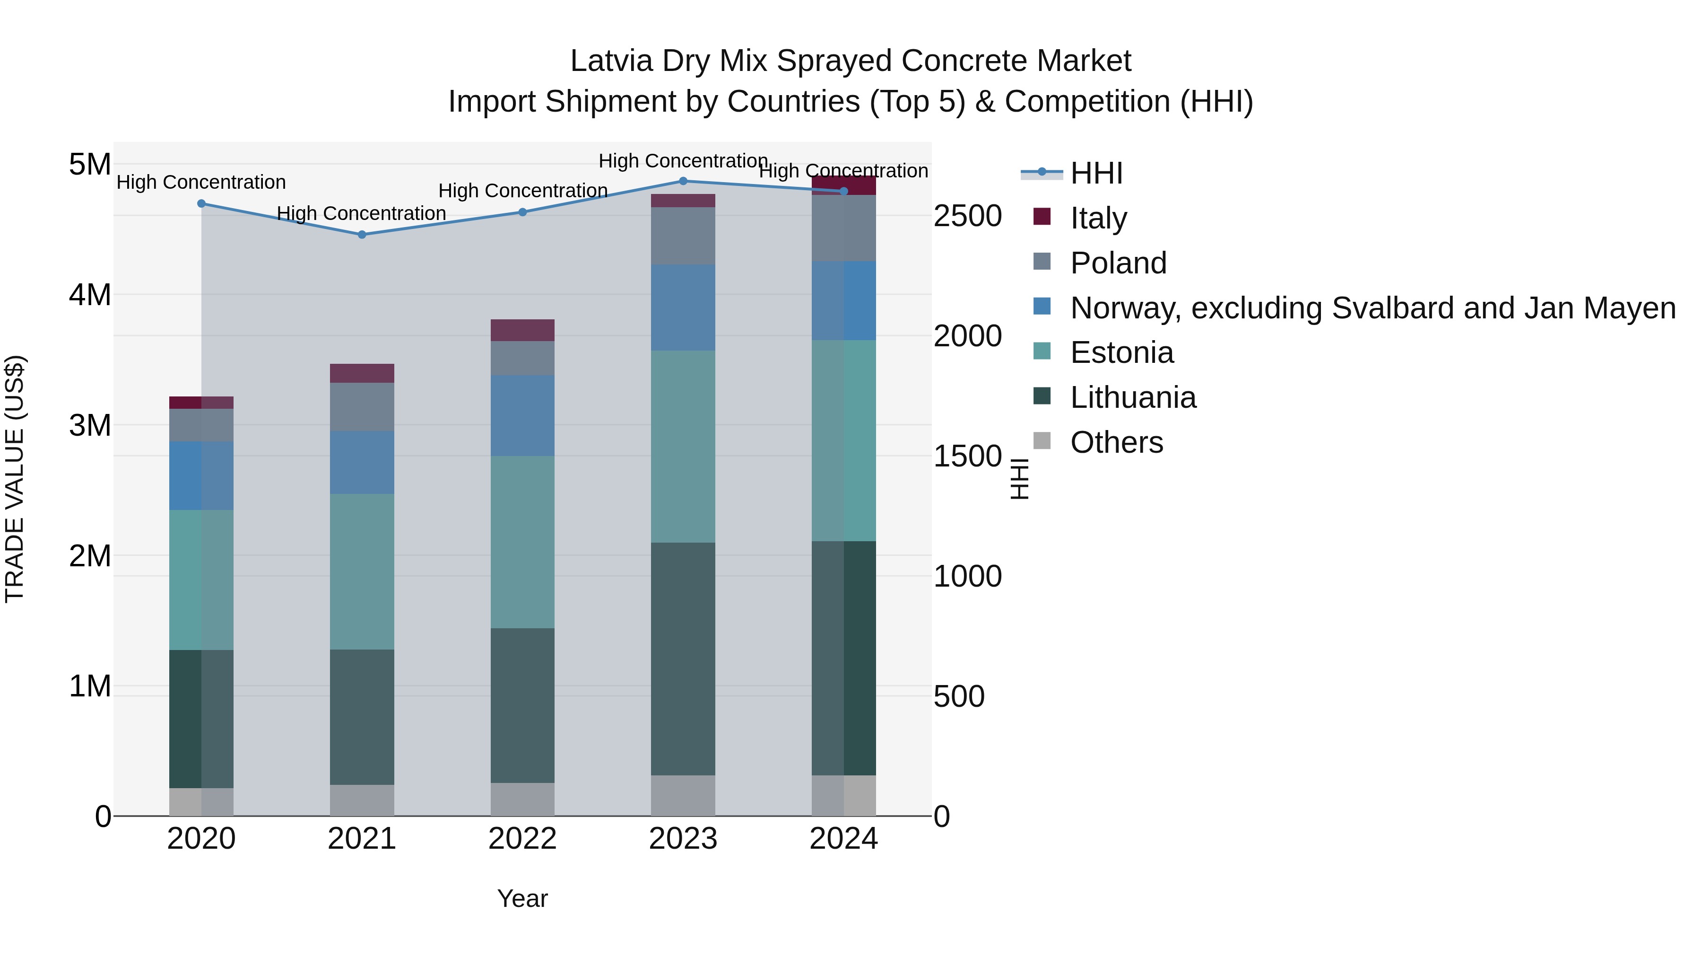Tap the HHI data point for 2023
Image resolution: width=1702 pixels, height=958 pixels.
coord(683,181)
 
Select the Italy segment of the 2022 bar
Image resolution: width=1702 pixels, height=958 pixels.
coord(522,330)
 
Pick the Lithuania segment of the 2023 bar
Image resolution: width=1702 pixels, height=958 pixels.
coord(683,659)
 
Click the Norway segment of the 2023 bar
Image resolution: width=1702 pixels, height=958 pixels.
coord(683,308)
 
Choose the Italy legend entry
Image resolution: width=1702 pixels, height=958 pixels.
coord(1098,218)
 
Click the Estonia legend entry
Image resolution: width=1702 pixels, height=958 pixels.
coord(1121,352)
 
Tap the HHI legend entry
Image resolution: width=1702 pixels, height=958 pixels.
coord(1096,173)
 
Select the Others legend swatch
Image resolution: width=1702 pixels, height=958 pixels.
coord(1042,441)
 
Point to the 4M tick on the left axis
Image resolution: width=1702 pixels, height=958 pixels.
coord(90,295)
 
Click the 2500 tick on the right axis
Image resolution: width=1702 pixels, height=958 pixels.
coord(967,216)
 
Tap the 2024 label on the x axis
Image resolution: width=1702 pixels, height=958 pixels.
coord(844,839)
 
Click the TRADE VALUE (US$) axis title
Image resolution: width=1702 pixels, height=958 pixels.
coord(15,479)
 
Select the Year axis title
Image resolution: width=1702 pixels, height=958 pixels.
coord(522,898)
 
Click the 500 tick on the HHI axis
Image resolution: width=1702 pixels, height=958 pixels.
coord(959,696)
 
